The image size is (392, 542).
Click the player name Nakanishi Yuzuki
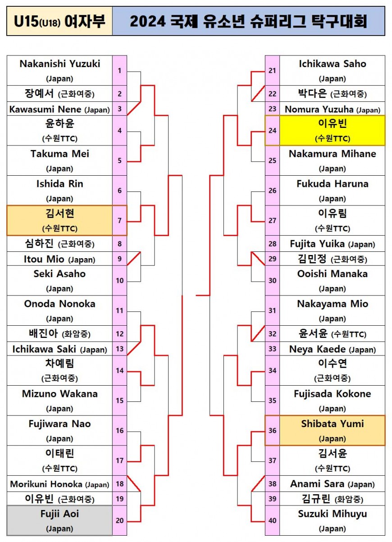click(60, 64)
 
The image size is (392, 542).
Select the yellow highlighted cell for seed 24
click(332, 131)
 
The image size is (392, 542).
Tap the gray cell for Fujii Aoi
click(59, 520)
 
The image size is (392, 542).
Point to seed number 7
click(119, 221)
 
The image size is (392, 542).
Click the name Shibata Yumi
click(333, 424)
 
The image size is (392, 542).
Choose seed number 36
click(272, 431)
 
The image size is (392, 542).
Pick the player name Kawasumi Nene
click(45, 109)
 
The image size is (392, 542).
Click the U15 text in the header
click(26, 21)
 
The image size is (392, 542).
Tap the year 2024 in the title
click(148, 21)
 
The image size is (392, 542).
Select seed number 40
click(272, 520)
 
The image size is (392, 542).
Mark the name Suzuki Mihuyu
click(333, 514)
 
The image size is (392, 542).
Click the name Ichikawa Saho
click(333, 64)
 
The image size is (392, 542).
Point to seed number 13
click(119, 349)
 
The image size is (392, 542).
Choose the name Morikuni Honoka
click(46, 484)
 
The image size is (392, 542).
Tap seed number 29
click(272, 259)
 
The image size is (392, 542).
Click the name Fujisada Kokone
click(333, 394)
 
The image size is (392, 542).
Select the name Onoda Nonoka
click(60, 304)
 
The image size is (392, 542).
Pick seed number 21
click(272, 71)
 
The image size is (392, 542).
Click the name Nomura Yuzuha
click(319, 109)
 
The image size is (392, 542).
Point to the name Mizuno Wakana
click(60, 394)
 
